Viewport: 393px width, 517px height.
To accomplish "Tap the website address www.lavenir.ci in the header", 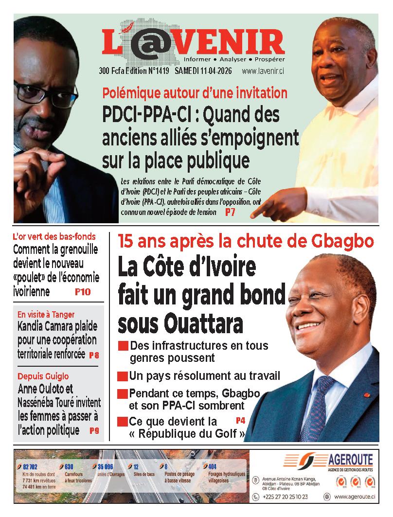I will [x=263, y=71].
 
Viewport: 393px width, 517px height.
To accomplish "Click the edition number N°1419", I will [x=157, y=71].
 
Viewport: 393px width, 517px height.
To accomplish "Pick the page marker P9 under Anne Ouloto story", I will [x=94, y=430].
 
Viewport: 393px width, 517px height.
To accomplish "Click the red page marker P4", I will [x=240, y=420].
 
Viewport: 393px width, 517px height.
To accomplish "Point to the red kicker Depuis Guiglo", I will [x=43, y=376].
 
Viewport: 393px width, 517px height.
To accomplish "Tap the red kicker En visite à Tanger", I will [x=46, y=314].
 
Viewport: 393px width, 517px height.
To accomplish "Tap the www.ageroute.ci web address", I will [x=354, y=497].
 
